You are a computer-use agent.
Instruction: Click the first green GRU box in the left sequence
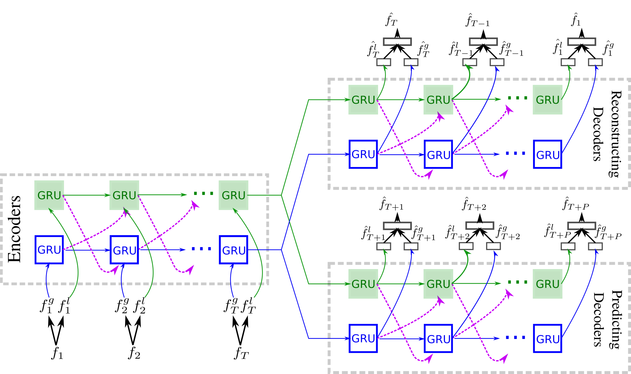click(49, 195)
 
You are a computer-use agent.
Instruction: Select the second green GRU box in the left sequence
click(124, 195)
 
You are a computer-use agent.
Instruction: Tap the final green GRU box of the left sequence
click(233, 195)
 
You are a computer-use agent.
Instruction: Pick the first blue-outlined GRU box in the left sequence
click(49, 250)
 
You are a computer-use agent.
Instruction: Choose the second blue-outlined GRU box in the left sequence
click(124, 250)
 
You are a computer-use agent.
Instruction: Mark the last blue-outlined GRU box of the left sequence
click(233, 250)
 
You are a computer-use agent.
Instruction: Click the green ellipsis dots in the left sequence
click(203, 193)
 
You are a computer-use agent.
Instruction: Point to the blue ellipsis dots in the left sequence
click(202, 249)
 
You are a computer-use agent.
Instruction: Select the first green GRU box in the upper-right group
click(363, 100)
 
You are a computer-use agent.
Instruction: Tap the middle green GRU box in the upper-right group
click(438, 100)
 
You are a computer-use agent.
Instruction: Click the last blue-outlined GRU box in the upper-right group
click(547, 154)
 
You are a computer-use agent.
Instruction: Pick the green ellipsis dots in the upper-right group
click(517, 98)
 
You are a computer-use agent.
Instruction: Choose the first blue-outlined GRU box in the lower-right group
click(363, 338)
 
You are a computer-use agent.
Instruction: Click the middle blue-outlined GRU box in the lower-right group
click(438, 338)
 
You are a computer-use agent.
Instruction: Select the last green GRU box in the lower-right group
click(547, 284)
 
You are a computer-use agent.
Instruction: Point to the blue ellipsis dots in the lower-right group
click(515, 337)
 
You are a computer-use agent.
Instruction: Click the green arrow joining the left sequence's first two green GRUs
click(86, 195)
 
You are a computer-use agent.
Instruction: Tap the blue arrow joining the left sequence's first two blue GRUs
click(87, 250)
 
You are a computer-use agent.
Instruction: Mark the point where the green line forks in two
click(281, 195)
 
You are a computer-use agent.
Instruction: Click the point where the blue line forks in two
click(281, 250)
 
